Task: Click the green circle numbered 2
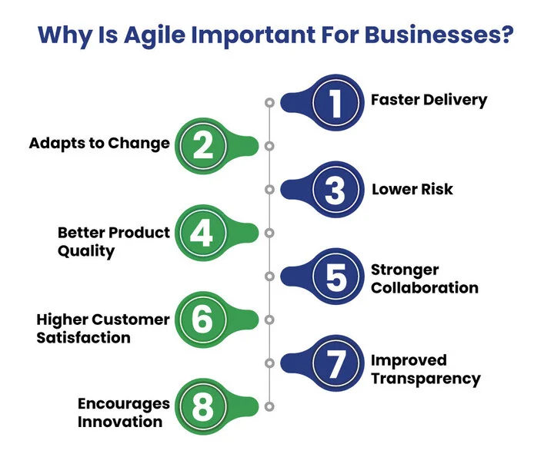(202, 145)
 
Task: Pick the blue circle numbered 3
(335, 190)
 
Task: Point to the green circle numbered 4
(202, 233)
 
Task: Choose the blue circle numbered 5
(335, 277)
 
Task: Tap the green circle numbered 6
(202, 320)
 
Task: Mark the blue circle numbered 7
(335, 363)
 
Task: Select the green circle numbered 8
(202, 406)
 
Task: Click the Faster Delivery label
(429, 101)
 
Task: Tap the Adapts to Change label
(99, 144)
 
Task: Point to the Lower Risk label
(412, 189)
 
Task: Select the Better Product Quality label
(114, 241)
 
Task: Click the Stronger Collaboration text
(424, 279)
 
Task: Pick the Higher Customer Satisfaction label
(103, 328)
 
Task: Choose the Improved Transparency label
(426, 369)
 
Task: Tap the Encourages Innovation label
(123, 412)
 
